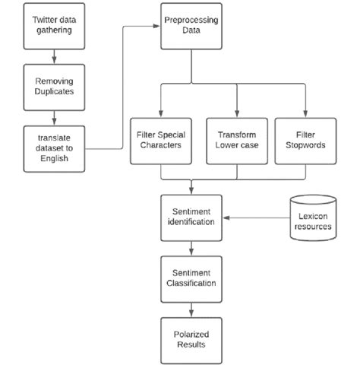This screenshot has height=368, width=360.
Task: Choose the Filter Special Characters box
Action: coord(161,141)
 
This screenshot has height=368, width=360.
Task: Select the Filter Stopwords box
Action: coord(305,141)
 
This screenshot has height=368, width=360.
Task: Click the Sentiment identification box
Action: coord(191,217)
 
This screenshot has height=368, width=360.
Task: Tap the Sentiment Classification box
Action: coord(191,279)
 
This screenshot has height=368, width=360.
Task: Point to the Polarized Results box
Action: coord(191,339)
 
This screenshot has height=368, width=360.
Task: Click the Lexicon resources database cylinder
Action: coord(313,219)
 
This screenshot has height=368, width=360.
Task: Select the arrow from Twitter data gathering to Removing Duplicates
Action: coord(53,56)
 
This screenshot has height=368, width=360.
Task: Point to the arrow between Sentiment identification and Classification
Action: coord(191,249)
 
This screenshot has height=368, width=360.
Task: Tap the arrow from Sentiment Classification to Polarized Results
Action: coord(191,309)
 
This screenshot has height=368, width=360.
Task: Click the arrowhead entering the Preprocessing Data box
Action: coord(156,27)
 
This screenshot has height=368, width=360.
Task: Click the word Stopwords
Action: coord(305,147)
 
